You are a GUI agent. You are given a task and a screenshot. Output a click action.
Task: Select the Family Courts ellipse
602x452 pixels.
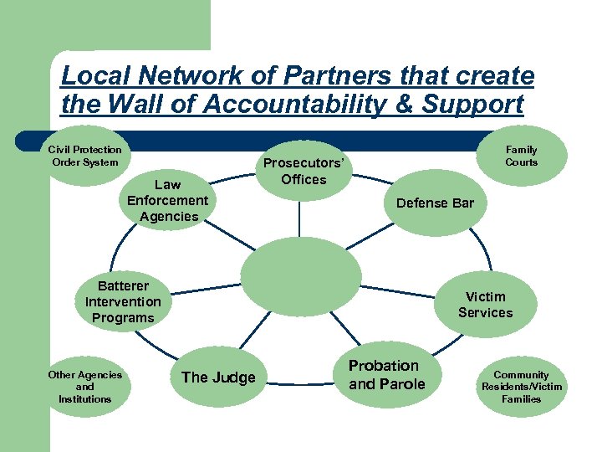click(521, 156)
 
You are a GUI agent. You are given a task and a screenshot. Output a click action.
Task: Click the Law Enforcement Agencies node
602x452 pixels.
click(167, 200)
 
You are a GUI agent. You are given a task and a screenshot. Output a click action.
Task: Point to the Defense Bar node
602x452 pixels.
click(435, 203)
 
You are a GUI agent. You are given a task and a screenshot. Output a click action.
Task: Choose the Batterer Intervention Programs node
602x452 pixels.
click(123, 301)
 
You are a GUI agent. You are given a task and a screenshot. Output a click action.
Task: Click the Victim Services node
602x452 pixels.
click(485, 304)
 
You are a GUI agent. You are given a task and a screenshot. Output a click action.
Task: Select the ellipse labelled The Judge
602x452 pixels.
click(218, 378)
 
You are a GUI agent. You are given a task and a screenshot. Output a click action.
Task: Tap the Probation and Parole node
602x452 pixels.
click(386, 375)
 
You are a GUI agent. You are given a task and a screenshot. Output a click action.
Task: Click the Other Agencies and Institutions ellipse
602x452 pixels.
click(84, 387)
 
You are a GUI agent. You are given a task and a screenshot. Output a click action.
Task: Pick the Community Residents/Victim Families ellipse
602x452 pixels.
click(522, 387)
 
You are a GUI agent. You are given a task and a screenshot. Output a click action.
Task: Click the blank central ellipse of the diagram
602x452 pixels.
click(301, 276)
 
